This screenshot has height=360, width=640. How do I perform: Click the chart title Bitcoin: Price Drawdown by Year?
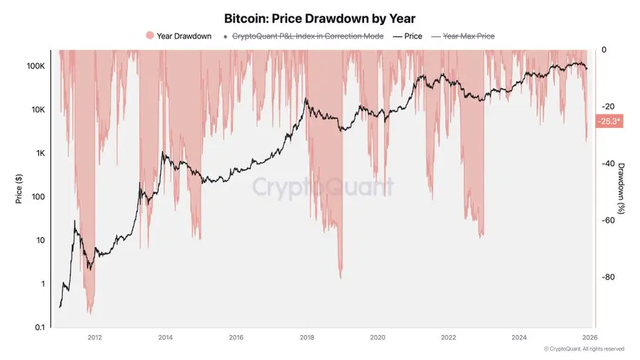coord(319,18)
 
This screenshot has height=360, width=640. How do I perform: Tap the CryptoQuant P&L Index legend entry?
coord(306,36)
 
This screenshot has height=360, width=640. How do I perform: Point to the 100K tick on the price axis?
coord(36,66)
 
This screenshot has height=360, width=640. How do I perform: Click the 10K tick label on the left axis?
coord(38,110)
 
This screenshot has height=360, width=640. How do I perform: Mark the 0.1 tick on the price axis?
coord(41,327)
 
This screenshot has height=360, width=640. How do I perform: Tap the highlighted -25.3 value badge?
coord(609,122)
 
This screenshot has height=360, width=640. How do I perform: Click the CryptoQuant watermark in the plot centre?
coord(324,187)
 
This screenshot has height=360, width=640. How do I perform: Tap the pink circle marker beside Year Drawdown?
coord(149,36)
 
